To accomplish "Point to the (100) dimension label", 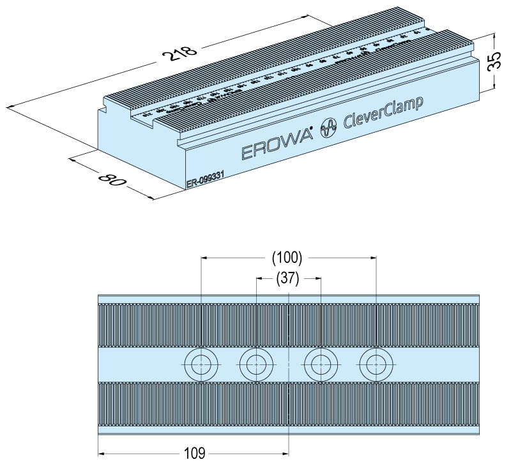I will coord(287,258).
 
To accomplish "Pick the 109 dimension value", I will coord(194,454).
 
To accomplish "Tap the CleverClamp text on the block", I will coord(383,112).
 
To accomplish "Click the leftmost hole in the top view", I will coord(201,365).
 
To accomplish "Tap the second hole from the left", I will coord(256,365).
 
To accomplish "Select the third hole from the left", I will coord(321,365).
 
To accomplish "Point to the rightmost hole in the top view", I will coord(376,365).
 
